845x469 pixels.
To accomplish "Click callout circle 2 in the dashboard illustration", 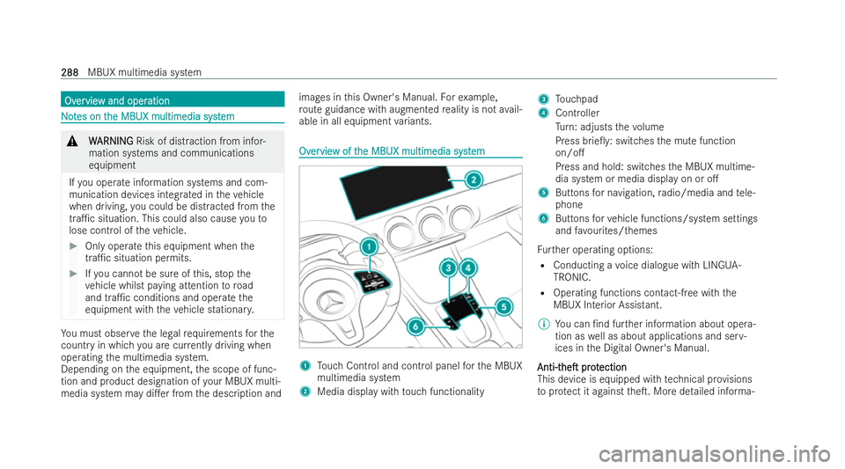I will tap(473, 180).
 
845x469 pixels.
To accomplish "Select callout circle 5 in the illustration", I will tap(503, 306).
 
